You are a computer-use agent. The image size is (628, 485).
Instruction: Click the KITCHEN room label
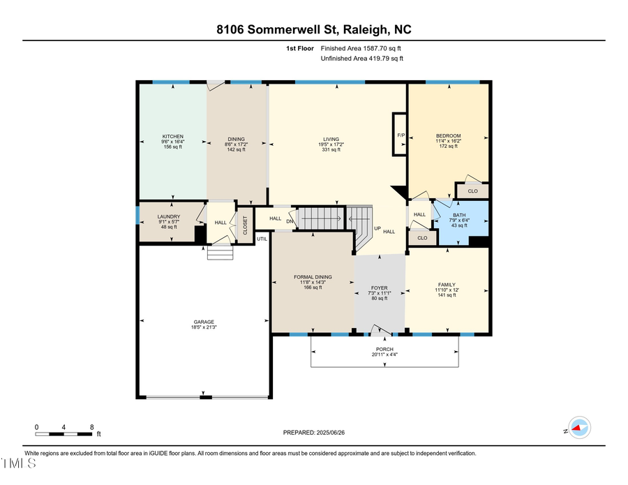click(x=172, y=136)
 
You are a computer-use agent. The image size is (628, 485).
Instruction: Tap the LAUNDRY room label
click(x=169, y=216)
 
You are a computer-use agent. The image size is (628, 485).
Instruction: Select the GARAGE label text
click(x=204, y=322)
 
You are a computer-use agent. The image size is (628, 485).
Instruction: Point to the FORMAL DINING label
click(x=313, y=277)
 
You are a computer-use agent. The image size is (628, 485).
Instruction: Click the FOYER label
click(x=380, y=288)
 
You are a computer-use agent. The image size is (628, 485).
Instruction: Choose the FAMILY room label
click(x=447, y=285)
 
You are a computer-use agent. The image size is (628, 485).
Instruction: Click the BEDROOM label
click(x=448, y=136)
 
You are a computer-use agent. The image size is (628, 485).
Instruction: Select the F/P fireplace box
click(x=401, y=134)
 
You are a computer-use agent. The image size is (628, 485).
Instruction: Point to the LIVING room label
click(x=330, y=138)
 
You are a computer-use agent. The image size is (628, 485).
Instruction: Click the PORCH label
click(x=384, y=349)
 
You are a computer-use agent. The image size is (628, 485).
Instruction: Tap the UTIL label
click(x=262, y=239)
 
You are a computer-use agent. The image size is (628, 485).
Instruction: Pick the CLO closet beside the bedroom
click(x=472, y=191)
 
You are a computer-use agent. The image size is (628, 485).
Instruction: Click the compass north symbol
click(x=578, y=428)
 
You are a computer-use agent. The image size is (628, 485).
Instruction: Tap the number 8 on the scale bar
click(x=92, y=426)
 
